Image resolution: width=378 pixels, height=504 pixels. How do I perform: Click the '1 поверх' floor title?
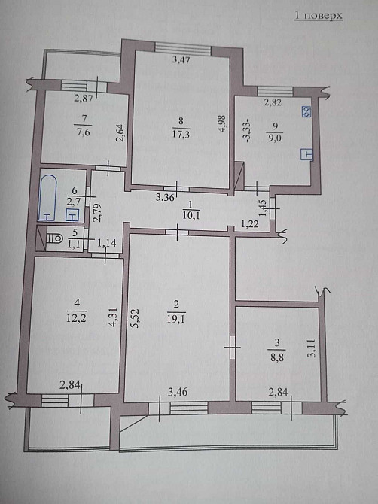point(319,16)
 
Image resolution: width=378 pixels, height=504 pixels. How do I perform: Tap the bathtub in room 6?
point(47,198)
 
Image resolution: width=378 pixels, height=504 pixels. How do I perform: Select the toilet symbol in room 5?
point(55,238)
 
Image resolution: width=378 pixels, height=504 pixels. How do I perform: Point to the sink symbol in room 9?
point(306,154)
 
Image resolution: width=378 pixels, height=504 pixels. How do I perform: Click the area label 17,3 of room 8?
point(181,134)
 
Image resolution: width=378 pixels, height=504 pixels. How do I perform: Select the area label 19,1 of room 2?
point(176,318)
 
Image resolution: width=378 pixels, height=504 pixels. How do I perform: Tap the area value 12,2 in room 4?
point(76,317)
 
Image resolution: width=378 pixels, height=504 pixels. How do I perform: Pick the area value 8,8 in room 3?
point(277,357)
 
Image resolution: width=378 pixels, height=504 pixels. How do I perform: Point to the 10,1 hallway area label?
point(191,215)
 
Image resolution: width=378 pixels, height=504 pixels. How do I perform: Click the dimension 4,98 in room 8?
point(222,124)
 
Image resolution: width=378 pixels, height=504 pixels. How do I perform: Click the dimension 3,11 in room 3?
point(314,348)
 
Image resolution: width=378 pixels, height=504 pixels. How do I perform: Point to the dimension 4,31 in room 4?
point(113,317)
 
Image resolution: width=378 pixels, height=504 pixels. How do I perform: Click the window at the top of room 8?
point(183,47)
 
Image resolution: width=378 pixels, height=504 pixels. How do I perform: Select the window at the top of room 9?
point(276,91)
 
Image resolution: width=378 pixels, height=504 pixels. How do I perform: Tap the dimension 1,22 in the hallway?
point(250,224)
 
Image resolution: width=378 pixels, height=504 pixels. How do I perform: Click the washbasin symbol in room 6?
point(73,215)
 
